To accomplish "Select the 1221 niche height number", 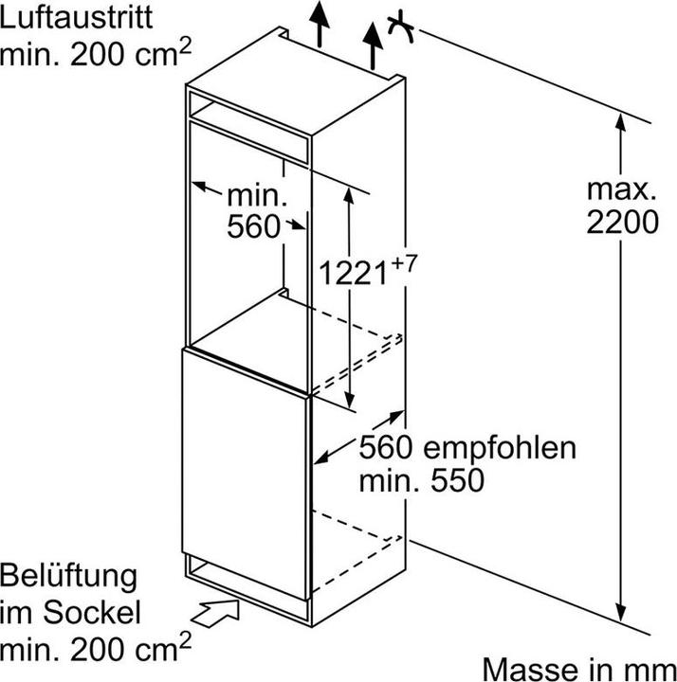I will [x=352, y=275].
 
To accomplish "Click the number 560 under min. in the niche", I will [x=254, y=226].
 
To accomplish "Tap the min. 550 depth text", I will [x=421, y=479].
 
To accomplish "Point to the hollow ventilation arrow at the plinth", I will [x=219, y=612].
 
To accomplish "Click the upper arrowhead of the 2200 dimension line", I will [x=621, y=122].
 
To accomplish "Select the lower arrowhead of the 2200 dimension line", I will [x=621, y=611].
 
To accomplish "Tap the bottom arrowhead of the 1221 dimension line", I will [x=351, y=398].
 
